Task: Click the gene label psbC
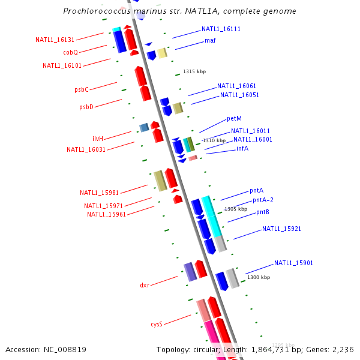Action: (x=82, y=89)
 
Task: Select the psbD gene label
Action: (x=86, y=107)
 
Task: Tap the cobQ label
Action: (x=71, y=52)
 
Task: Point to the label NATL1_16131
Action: (x=55, y=40)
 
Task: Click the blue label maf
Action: (x=210, y=41)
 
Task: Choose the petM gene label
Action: (x=234, y=119)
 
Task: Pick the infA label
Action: (x=242, y=148)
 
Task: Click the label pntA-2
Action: (x=263, y=200)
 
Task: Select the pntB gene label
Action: (x=263, y=212)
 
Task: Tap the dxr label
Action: (x=145, y=286)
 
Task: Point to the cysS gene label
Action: (x=157, y=324)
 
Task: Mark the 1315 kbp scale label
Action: (x=194, y=71)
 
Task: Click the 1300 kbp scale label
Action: (x=259, y=277)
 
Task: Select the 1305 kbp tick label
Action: (x=236, y=209)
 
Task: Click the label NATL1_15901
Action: (x=293, y=263)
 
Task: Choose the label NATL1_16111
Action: (x=221, y=29)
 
